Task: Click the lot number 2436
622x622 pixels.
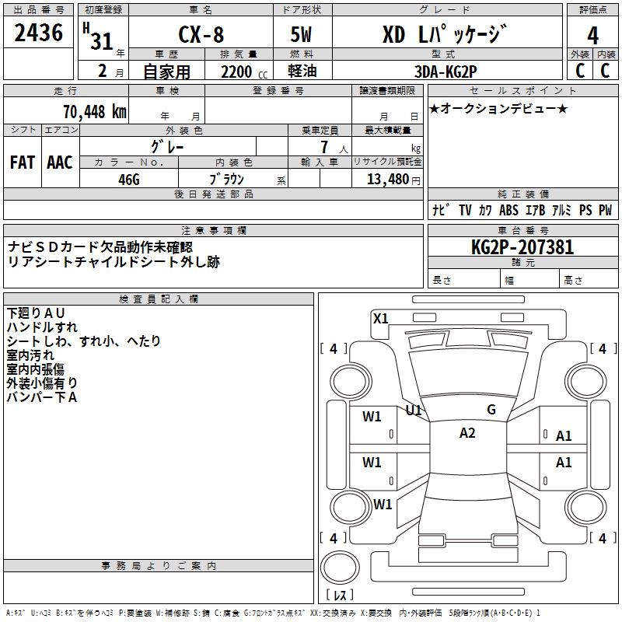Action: [x=39, y=33]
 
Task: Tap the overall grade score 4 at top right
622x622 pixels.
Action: [x=592, y=35]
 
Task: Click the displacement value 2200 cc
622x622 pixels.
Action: [x=239, y=72]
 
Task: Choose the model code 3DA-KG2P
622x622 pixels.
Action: [x=447, y=72]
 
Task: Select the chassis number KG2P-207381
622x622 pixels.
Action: [x=522, y=247]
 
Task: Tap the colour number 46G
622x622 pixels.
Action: [x=129, y=180]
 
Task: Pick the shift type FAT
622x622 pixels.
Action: [x=23, y=162]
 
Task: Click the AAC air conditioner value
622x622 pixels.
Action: [x=60, y=162]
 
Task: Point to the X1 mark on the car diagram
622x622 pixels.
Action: [x=380, y=318]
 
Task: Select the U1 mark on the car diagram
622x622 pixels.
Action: [x=414, y=410]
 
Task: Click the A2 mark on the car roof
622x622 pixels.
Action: [x=467, y=433]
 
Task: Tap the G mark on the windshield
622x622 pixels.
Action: [x=491, y=410]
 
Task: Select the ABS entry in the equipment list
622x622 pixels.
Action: [x=508, y=211]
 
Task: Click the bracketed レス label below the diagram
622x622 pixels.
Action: [x=343, y=596]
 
